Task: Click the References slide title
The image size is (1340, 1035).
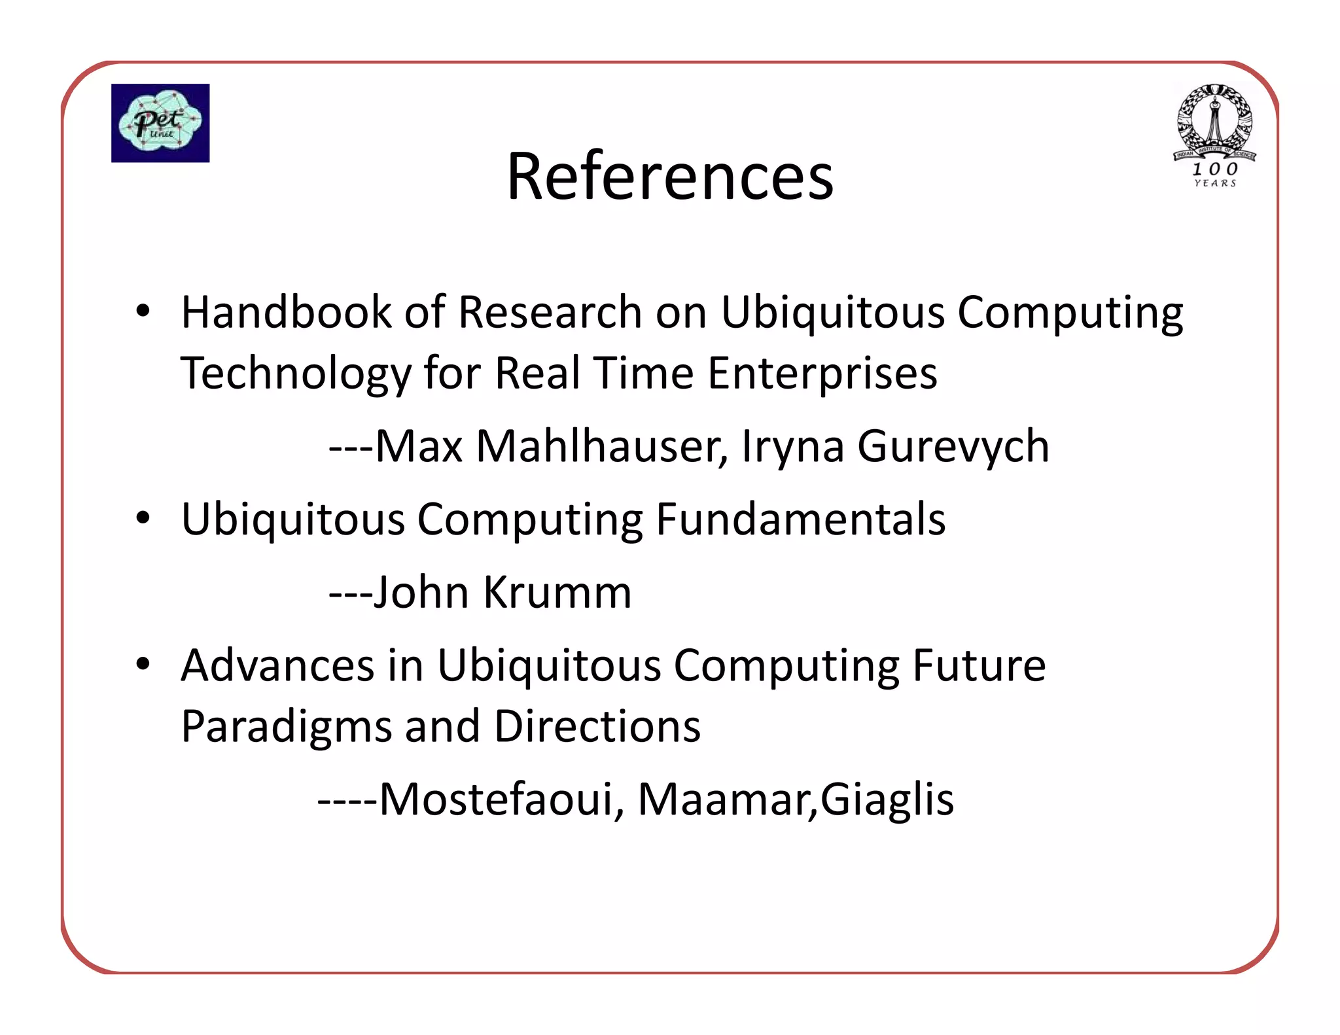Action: tap(670, 176)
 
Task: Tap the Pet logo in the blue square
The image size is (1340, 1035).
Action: tap(160, 123)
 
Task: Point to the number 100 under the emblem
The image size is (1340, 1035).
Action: tap(1214, 169)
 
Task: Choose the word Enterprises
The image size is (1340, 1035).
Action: tap(822, 373)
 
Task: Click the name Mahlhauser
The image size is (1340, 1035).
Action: tap(602, 447)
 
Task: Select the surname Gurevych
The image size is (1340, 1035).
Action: tap(953, 447)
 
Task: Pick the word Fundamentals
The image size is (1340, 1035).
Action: tap(800, 519)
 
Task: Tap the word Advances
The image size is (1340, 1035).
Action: tap(277, 665)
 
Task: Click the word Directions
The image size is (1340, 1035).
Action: tap(597, 726)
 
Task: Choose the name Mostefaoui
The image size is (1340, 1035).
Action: tap(497, 799)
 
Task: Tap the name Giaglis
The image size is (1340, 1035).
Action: tap(887, 800)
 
